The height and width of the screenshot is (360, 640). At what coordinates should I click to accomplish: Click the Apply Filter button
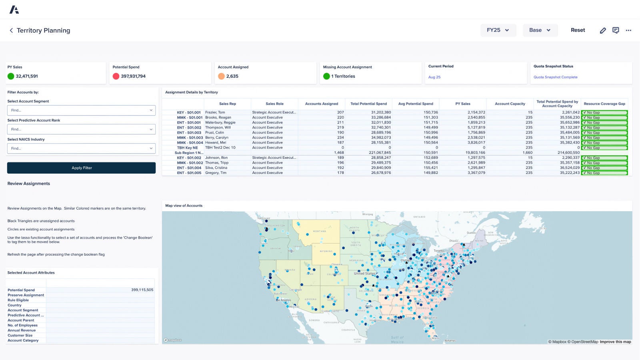pyautogui.click(x=81, y=168)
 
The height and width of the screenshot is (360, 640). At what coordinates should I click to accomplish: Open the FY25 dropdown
pyautogui.click(x=498, y=30)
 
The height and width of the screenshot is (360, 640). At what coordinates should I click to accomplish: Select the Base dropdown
pyautogui.click(x=540, y=30)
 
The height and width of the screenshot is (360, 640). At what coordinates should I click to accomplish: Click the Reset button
pyautogui.click(x=578, y=30)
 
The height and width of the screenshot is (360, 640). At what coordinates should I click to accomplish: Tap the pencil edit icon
pyautogui.click(x=603, y=30)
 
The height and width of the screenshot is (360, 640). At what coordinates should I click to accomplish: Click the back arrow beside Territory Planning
pyautogui.click(x=11, y=30)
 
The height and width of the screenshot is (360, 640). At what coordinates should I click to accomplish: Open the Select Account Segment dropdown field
pyautogui.click(x=81, y=110)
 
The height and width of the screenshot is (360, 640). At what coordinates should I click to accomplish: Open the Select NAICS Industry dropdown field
pyautogui.click(x=81, y=148)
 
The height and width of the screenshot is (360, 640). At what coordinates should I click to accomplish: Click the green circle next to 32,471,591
pyautogui.click(x=11, y=76)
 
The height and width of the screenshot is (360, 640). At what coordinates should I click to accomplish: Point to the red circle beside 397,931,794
pyautogui.click(x=116, y=76)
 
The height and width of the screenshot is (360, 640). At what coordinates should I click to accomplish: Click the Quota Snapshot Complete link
pyautogui.click(x=555, y=77)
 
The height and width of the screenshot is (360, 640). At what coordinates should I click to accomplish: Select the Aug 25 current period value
pyautogui.click(x=434, y=77)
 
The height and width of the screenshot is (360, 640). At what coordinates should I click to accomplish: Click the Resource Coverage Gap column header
pyautogui.click(x=604, y=104)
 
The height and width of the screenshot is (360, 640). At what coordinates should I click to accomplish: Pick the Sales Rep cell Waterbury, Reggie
pyautogui.click(x=220, y=122)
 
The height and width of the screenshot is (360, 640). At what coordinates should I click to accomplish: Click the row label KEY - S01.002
pyautogui.click(x=189, y=158)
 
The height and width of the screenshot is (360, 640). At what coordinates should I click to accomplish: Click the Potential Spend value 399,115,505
pyautogui.click(x=142, y=290)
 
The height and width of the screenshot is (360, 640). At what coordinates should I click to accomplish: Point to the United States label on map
pyautogui.click(x=364, y=274)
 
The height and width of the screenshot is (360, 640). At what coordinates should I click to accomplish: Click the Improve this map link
pyautogui.click(x=615, y=342)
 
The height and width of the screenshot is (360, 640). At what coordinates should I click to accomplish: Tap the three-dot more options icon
pyautogui.click(x=628, y=30)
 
